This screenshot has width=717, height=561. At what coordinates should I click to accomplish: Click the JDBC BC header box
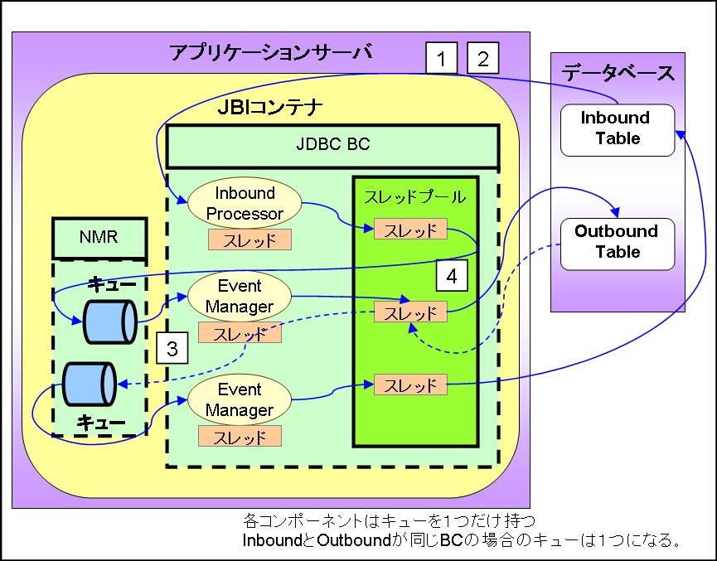333,145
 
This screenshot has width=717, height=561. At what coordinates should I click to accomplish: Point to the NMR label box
99,238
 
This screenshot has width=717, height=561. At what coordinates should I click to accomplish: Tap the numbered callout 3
172,348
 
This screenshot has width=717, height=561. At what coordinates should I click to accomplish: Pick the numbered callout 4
451,276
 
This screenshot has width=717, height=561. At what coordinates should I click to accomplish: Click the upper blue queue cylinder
109,322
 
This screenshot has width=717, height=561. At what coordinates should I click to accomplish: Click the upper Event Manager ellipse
240,297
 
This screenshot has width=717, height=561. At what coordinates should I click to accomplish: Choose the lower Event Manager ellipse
240,400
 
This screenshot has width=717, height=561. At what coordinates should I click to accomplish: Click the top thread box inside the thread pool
410,229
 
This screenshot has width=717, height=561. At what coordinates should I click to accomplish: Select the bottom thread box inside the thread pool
410,384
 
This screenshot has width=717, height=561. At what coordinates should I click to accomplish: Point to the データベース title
618,72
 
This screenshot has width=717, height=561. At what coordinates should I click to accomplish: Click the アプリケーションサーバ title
270,52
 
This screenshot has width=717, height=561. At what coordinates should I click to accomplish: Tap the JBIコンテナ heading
270,109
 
